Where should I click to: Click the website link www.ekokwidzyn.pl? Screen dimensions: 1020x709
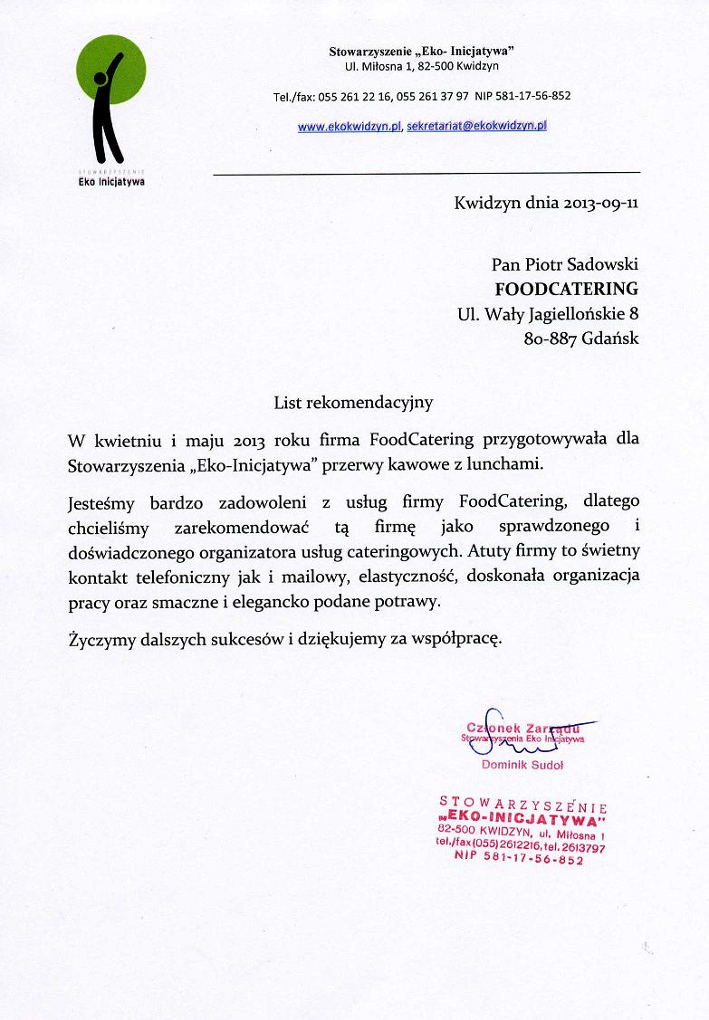350,127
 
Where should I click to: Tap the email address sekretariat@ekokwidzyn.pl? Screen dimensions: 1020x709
477,127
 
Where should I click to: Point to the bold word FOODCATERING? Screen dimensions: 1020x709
566,290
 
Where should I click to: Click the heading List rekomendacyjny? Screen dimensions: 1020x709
354,399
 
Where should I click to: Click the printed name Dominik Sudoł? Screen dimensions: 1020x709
522,765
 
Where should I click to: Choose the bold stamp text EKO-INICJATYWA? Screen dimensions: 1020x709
522,818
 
